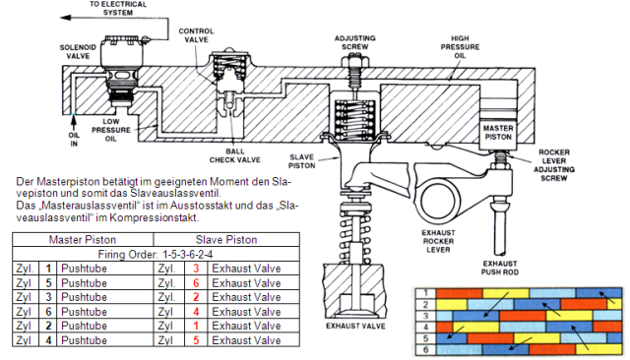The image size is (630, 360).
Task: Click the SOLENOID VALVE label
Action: pyautogui.click(x=78, y=52)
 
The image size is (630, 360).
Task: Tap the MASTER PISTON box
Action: pyautogui.click(x=498, y=133)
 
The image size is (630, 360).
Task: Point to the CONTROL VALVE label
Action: pyautogui.click(x=196, y=35)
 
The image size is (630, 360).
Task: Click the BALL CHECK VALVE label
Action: pyautogui.click(x=234, y=155)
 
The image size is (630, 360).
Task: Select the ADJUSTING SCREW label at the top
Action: pyautogui.click(x=354, y=42)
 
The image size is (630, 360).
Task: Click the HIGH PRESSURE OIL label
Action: pyautogui.click(x=460, y=47)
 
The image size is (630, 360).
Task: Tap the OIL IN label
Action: pyautogui.click(x=74, y=140)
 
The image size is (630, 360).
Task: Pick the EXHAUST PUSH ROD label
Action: pyautogui.click(x=500, y=268)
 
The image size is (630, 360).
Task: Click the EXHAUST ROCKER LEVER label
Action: pyautogui.click(x=438, y=241)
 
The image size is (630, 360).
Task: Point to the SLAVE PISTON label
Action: pyautogui.click(x=302, y=161)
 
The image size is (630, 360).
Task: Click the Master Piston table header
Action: pyautogui.click(x=83, y=240)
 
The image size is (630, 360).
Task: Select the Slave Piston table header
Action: pyautogui.click(x=226, y=240)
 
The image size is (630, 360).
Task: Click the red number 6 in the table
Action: pyautogui.click(x=196, y=283)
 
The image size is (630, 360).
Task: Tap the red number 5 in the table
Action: pyautogui.click(x=196, y=340)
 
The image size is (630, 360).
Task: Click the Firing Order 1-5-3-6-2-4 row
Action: pyautogui.click(x=156, y=255)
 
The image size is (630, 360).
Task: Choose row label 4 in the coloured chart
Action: pyautogui.click(x=425, y=328)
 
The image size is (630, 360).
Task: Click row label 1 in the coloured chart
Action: pyautogui.click(x=425, y=293)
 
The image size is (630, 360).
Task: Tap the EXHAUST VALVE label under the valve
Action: pyautogui.click(x=355, y=326)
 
